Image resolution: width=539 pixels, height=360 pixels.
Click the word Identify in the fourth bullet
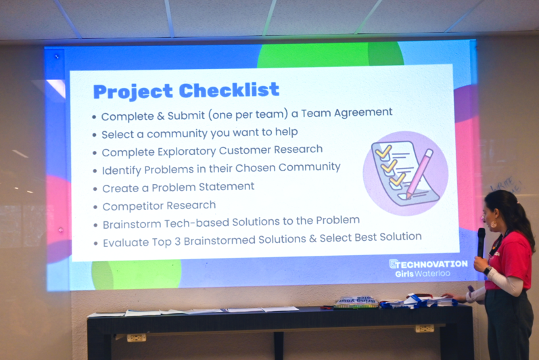tap(121, 168)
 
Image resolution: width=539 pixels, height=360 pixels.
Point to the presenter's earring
tap(492, 224)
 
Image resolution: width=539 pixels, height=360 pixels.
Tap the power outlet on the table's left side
tap(137, 337)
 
